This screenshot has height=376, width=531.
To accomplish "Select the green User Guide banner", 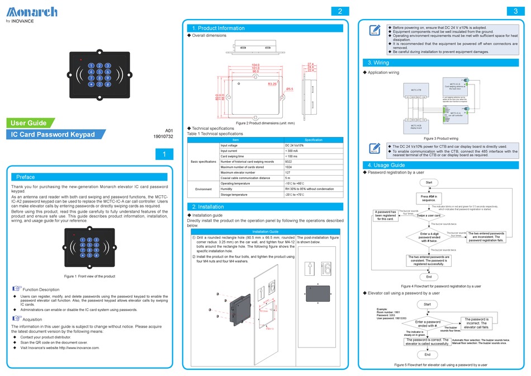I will click(x=30, y=123).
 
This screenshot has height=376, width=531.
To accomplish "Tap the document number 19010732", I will click(x=163, y=137).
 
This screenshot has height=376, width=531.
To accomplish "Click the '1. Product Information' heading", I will click(x=218, y=28).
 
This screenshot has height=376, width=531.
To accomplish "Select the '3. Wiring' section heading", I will click(x=378, y=63).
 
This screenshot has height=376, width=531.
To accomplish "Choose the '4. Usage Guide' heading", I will click(x=386, y=165).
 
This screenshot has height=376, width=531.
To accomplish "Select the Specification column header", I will click(x=313, y=140).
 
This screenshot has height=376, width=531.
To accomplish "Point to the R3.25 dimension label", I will click(x=273, y=84).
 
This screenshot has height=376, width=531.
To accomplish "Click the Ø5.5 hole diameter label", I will click(x=290, y=89).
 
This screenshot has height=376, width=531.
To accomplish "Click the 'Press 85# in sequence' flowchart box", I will click(x=429, y=198).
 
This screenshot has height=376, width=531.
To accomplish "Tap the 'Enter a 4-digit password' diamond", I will click(x=428, y=237).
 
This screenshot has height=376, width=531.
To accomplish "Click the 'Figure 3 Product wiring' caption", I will click(x=441, y=138).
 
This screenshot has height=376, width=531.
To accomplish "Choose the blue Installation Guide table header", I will click(x=265, y=231).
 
